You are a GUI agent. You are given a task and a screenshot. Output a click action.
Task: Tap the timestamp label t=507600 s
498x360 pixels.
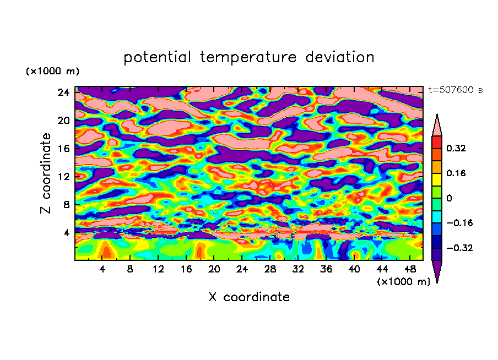tap(455, 90)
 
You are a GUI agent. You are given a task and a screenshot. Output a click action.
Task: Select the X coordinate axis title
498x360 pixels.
tap(249, 297)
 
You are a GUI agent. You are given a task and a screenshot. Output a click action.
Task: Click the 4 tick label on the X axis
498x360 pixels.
tap(102, 270)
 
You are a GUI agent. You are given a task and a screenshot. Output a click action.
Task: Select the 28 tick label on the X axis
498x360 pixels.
tap(270, 270)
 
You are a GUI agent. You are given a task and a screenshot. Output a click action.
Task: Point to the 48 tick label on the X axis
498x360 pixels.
tap(410, 270)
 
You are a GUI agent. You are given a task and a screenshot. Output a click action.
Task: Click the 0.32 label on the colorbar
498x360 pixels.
tap(456, 148)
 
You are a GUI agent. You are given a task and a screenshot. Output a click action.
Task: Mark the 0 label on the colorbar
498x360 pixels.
tap(449, 198)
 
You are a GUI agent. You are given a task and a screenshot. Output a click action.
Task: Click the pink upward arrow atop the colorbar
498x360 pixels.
tap(437, 126)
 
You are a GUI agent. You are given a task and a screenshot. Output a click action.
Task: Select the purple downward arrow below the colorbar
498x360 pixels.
tap(437, 271)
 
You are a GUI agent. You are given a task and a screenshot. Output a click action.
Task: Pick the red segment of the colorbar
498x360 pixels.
tap(437, 142)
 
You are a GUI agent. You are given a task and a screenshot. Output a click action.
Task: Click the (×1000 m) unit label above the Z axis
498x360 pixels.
tap(52, 72)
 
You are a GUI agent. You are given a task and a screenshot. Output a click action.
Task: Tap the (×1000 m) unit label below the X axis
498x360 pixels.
tap(404, 282)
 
